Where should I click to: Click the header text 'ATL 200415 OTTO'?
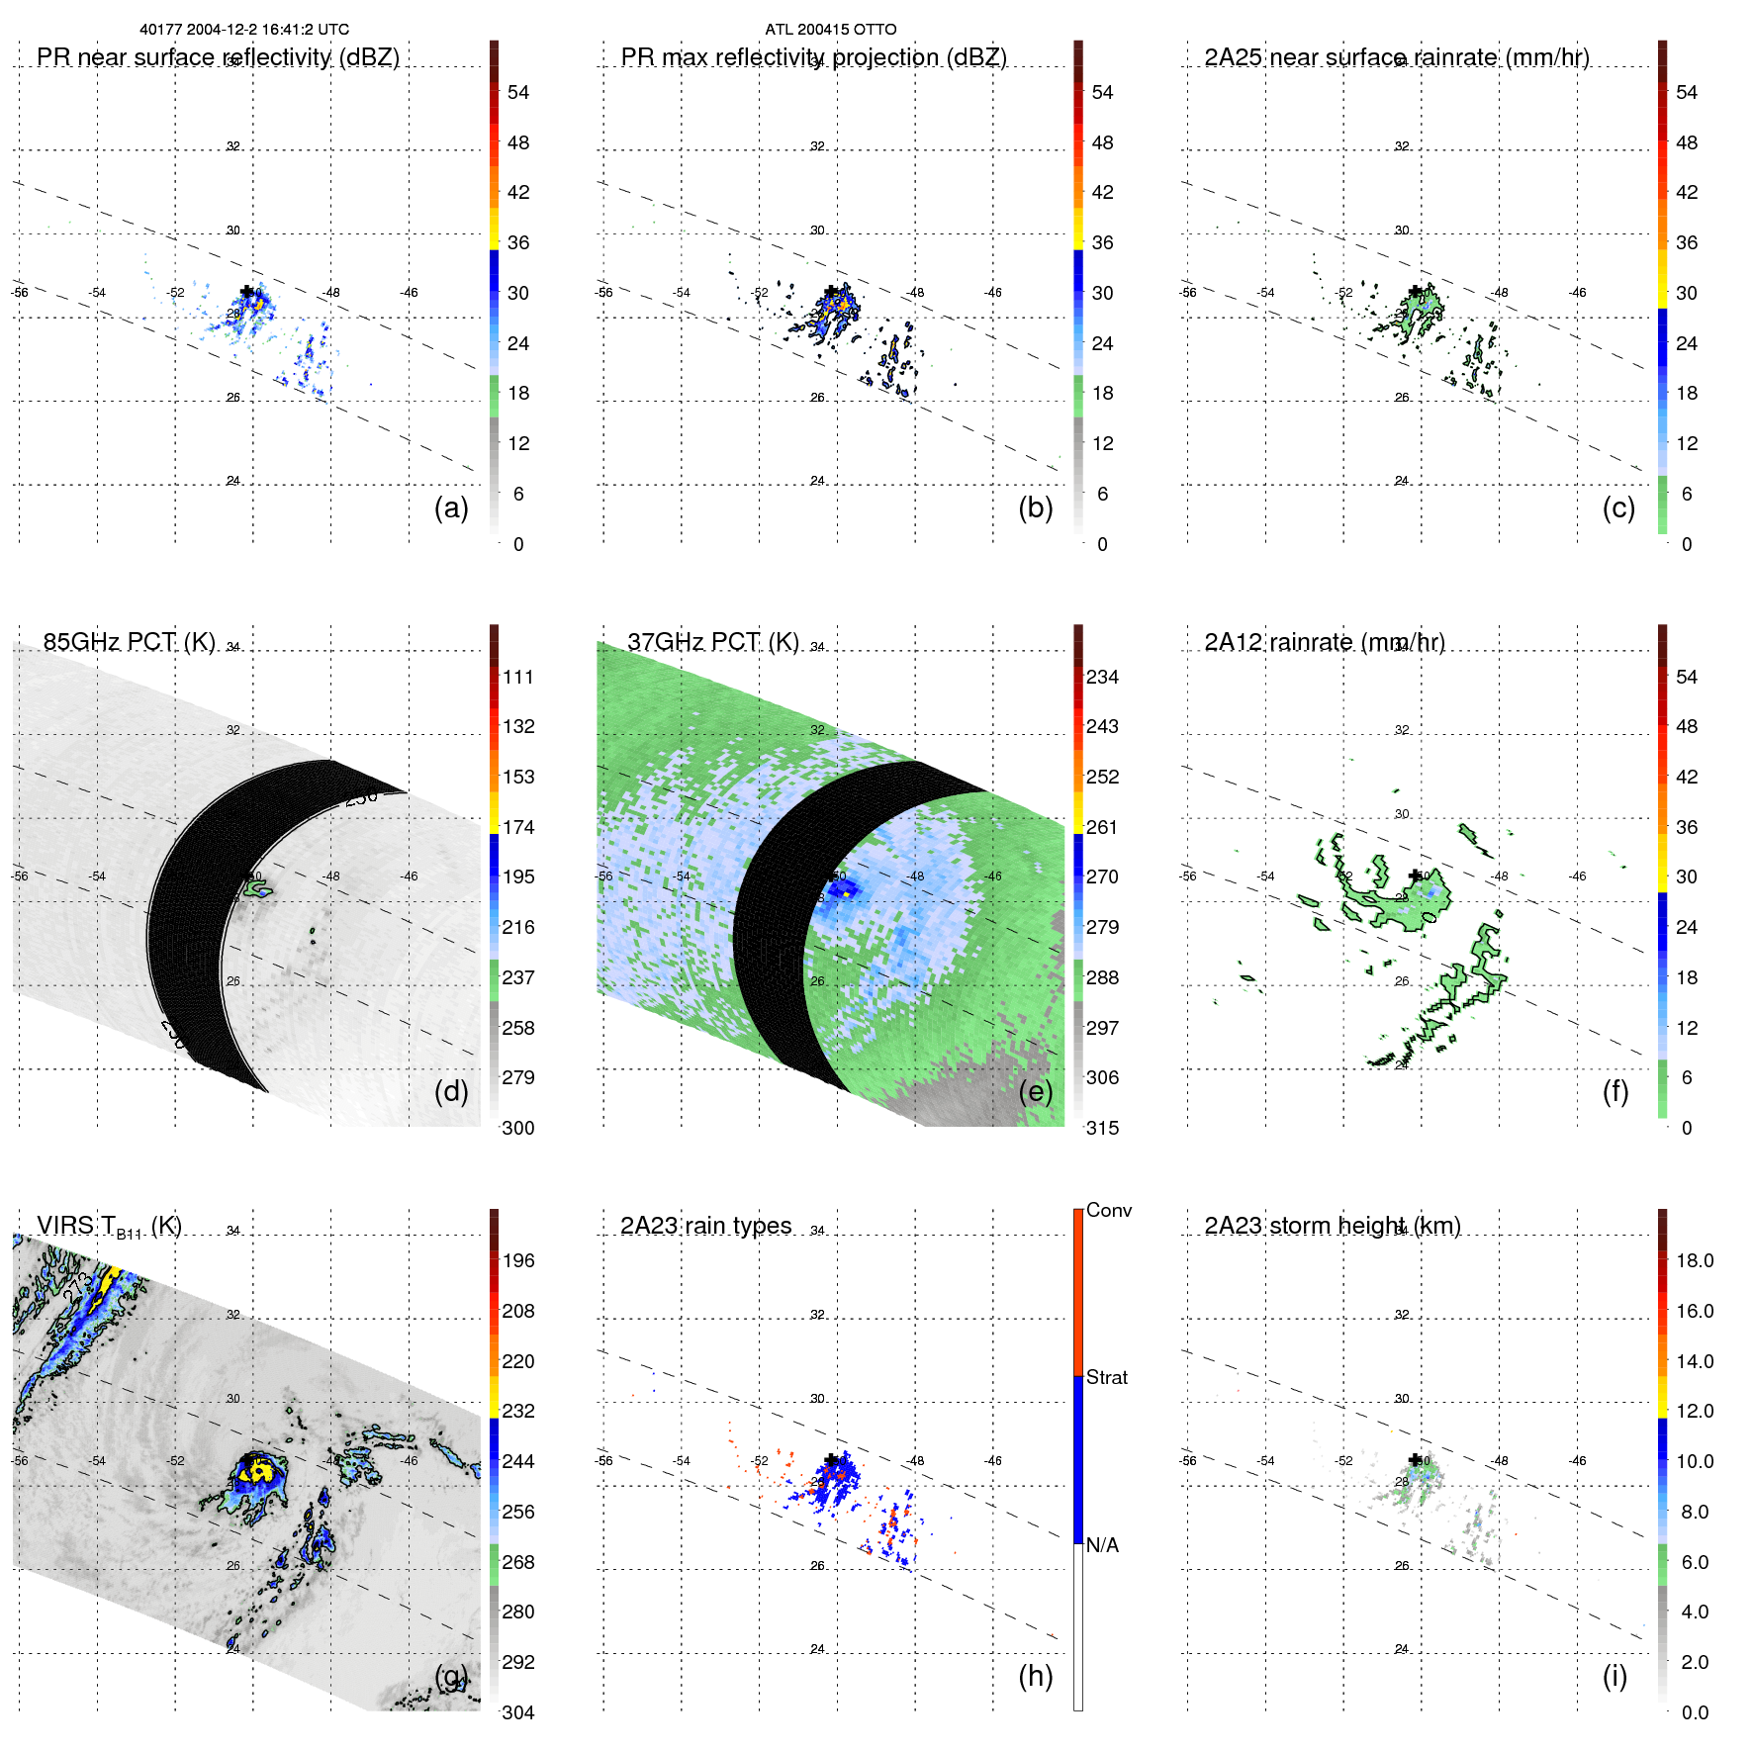(830, 30)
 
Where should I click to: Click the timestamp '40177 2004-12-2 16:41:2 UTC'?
(244, 30)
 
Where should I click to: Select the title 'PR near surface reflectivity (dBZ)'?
(218, 57)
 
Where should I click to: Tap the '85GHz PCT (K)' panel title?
(129, 642)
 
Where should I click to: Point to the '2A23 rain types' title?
(705, 1226)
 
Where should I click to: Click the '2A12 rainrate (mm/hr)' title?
(1324, 642)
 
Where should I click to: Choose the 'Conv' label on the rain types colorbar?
(1108, 1210)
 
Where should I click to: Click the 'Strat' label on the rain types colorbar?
(1106, 1377)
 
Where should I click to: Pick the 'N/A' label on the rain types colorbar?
(1101, 1545)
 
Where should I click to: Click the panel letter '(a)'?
(451, 507)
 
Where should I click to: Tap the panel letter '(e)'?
(1035, 1091)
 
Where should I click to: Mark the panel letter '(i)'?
(1614, 1676)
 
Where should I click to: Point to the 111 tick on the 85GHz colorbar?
(517, 677)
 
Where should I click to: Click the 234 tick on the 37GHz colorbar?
(1102, 677)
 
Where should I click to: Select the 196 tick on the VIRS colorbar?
(517, 1260)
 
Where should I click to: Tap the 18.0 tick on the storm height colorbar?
(1694, 1260)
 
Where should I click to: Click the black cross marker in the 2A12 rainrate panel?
(1416, 875)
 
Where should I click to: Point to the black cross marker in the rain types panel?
(831, 1459)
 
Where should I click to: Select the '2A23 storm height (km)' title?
(1332, 1226)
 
